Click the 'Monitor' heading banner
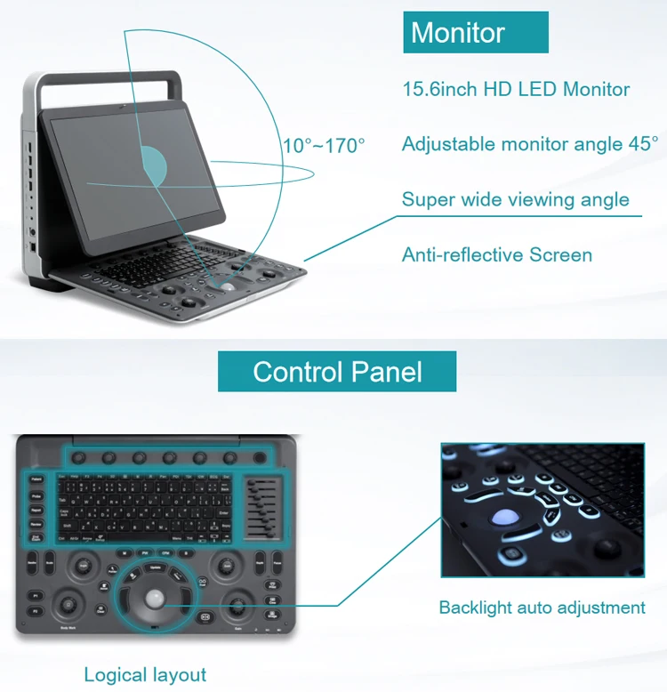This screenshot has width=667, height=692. pyautogui.click(x=475, y=33)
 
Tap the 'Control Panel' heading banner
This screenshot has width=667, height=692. pyautogui.click(x=337, y=371)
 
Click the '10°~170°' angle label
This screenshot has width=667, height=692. pyautogui.click(x=324, y=145)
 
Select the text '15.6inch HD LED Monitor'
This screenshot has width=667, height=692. pyautogui.click(x=516, y=89)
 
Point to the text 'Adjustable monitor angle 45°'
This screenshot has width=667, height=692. pyautogui.click(x=530, y=143)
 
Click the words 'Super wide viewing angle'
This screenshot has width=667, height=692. pyautogui.click(x=516, y=199)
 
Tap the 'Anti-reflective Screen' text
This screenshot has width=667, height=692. pyautogui.click(x=496, y=255)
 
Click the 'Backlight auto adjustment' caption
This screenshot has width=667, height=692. pyautogui.click(x=542, y=608)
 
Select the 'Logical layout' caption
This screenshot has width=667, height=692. pyautogui.click(x=145, y=674)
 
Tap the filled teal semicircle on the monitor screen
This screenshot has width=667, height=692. pyautogui.click(x=156, y=164)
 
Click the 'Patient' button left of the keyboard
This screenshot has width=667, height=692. pyautogui.click(x=36, y=479)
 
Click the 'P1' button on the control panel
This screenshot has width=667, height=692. pyautogui.click(x=36, y=595)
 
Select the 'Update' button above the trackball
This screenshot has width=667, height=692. pyautogui.click(x=156, y=567)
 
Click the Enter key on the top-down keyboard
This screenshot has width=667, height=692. pyautogui.click(x=222, y=513)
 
